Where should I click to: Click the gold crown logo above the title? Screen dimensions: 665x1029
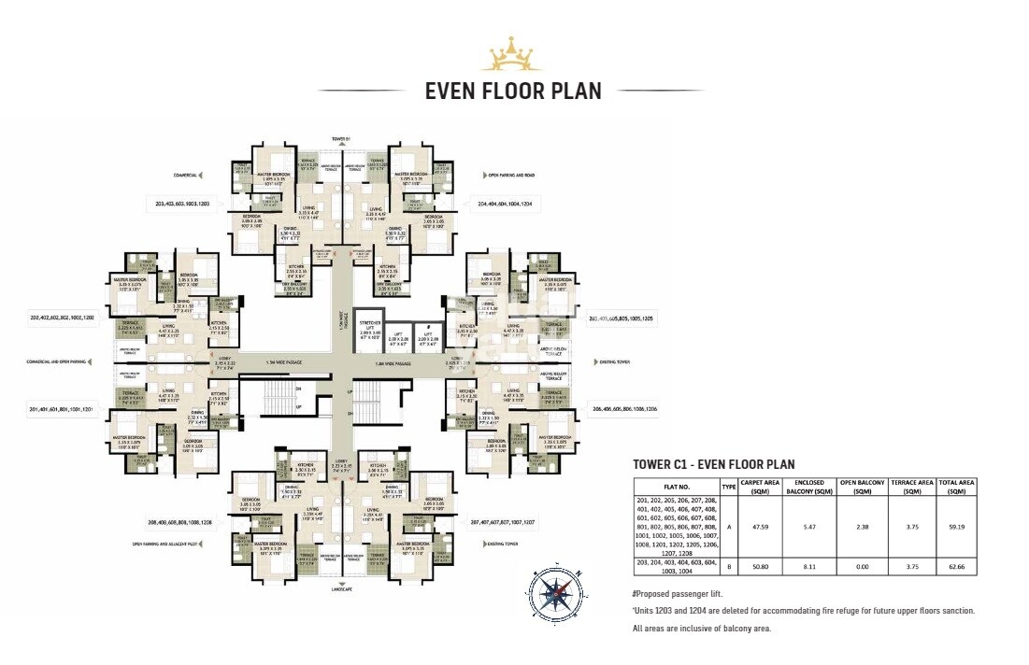[x=511, y=55]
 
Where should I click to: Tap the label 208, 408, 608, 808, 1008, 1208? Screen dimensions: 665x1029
[x=179, y=521]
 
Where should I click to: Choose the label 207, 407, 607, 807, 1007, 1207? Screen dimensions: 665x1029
[x=506, y=521]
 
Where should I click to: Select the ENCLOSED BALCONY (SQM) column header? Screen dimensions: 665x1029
[x=810, y=487]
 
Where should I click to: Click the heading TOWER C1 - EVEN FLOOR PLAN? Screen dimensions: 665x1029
[x=713, y=464]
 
